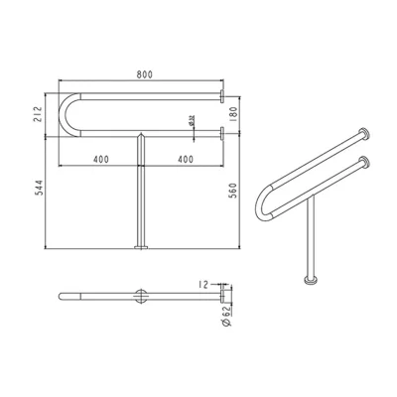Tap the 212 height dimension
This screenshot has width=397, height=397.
click(39, 113)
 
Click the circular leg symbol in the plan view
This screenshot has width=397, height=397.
click(141, 297)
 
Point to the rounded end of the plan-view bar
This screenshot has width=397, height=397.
click(63, 297)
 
